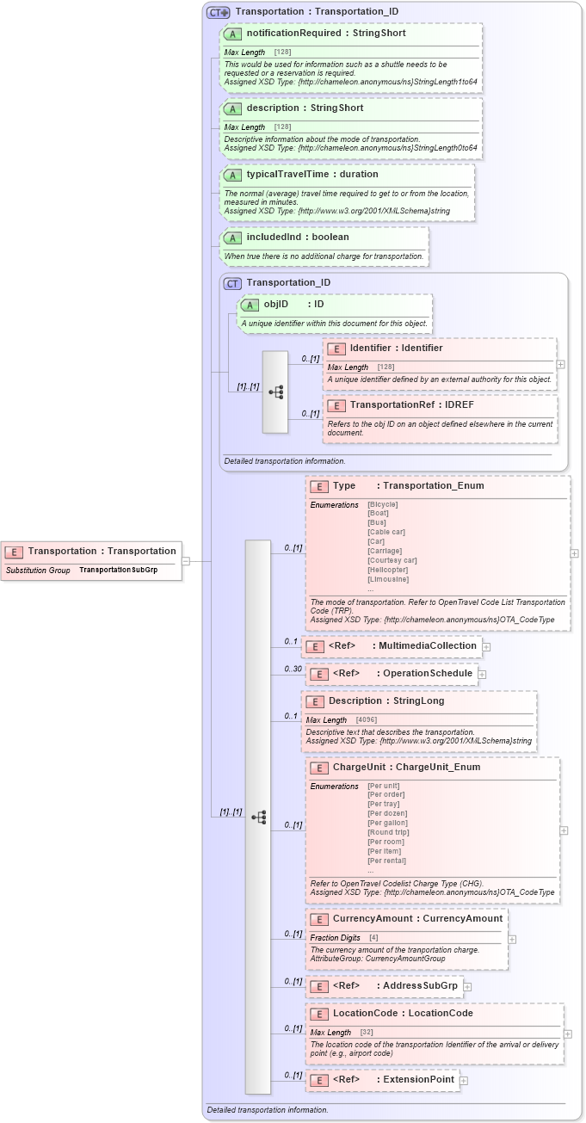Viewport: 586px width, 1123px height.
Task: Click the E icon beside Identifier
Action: (336, 349)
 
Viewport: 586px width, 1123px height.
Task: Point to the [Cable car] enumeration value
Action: (386, 532)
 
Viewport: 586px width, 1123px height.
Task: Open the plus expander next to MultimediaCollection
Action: (486, 646)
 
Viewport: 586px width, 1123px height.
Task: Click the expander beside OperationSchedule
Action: (483, 674)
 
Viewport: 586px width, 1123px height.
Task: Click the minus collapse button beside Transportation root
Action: (185, 561)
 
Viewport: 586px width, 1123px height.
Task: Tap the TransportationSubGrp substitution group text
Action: (118, 570)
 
